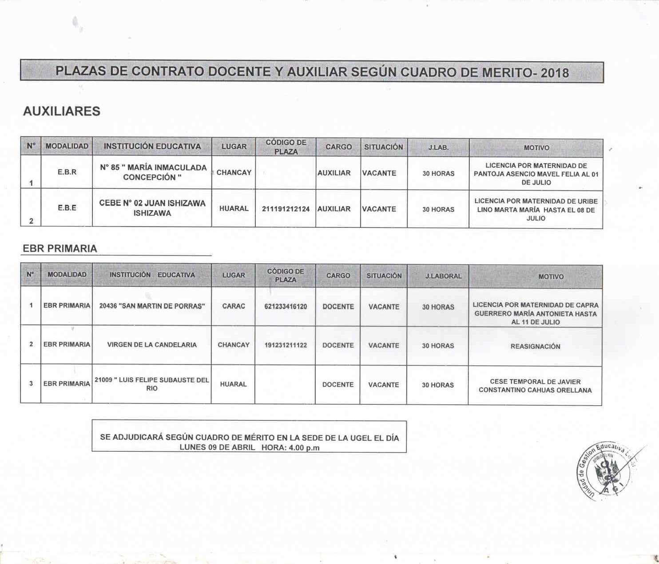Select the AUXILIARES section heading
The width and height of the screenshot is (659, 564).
click(x=62, y=111)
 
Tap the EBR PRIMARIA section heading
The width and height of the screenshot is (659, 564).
click(x=60, y=248)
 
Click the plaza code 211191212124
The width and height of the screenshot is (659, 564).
click(x=286, y=209)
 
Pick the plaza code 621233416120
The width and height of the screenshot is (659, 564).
click(x=286, y=306)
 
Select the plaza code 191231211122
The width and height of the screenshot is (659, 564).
click(x=286, y=345)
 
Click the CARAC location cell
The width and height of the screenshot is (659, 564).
click(x=234, y=306)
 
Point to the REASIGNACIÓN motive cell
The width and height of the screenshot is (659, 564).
click(x=535, y=346)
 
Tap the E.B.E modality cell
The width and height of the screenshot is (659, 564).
click(x=67, y=208)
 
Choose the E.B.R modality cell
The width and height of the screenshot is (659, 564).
click(x=67, y=172)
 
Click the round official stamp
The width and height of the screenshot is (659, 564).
click(x=607, y=473)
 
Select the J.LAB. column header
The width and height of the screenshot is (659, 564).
click(x=438, y=147)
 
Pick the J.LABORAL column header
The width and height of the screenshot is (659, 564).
click(x=443, y=276)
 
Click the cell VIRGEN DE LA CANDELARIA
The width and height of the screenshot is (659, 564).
click(x=152, y=345)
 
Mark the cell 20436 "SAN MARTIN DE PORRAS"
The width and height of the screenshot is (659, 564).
click(x=152, y=306)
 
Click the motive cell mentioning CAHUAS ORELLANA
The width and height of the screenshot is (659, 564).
click(x=535, y=386)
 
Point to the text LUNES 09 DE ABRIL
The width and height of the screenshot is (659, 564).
click(x=217, y=447)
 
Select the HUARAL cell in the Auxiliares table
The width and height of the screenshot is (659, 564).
click(x=234, y=208)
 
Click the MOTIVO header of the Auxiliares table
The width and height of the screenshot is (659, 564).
click(x=536, y=148)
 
